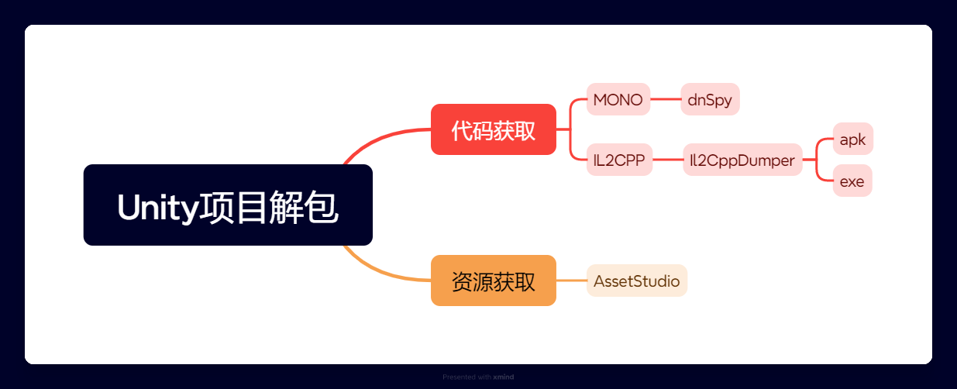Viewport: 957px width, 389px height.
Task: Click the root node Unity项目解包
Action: (x=228, y=205)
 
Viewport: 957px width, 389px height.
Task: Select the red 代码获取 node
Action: (x=494, y=129)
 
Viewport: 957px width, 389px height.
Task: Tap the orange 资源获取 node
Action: (x=494, y=281)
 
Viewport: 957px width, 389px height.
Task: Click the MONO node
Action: (x=618, y=99)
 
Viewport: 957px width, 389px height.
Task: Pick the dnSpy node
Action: (x=710, y=99)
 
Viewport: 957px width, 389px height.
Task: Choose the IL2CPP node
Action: (x=619, y=160)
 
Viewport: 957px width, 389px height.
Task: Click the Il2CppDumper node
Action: (x=742, y=160)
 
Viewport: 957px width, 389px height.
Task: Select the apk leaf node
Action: (x=852, y=139)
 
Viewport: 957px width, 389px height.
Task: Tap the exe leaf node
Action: (x=852, y=181)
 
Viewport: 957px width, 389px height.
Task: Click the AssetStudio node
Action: (x=636, y=281)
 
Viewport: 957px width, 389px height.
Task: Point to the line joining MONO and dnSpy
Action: (x=666, y=99)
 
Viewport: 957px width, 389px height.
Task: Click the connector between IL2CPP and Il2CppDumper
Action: (x=668, y=160)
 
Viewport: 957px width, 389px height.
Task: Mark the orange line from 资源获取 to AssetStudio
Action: (x=572, y=281)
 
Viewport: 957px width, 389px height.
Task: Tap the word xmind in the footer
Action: (x=503, y=377)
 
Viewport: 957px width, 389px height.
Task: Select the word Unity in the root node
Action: (x=158, y=208)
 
